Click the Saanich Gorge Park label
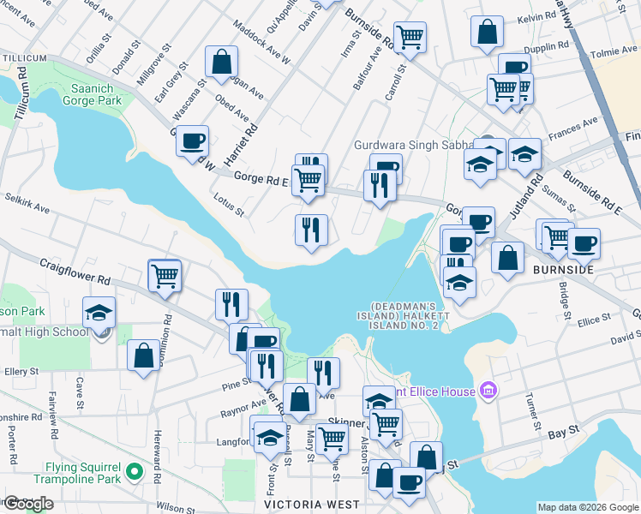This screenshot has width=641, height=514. point(85,93)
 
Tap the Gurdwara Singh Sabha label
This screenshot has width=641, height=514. point(414,146)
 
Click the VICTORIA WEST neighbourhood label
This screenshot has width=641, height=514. point(306,505)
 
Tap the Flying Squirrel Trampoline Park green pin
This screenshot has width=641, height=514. point(133,471)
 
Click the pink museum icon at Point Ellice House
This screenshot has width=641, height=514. point(489,391)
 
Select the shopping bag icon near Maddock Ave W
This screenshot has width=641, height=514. point(221,62)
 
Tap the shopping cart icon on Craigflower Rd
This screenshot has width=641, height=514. point(165,276)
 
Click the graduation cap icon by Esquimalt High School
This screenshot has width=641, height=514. point(99,313)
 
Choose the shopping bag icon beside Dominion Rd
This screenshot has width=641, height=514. point(143,355)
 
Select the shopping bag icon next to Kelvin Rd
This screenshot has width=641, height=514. point(487,33)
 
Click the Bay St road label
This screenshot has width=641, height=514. point(559,434)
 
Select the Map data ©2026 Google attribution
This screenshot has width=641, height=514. point(588,507)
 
